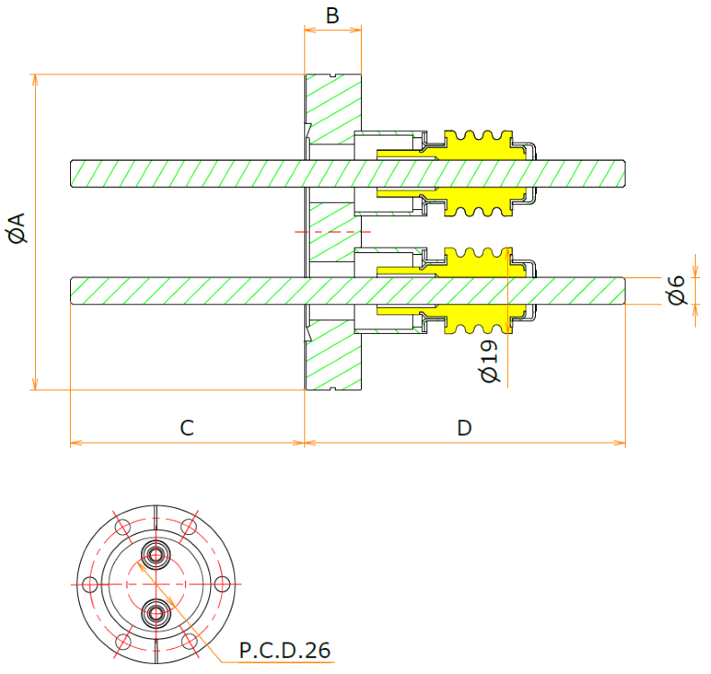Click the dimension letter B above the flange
coord(332,15)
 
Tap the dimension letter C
coord(187,428)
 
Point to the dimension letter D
coord(464,428)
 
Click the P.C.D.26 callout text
coord(285,649)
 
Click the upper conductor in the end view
coord(156,555)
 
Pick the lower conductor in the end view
coord(156,613)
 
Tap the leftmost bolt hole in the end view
coord(89,584)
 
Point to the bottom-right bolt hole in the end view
coord(189,642)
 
